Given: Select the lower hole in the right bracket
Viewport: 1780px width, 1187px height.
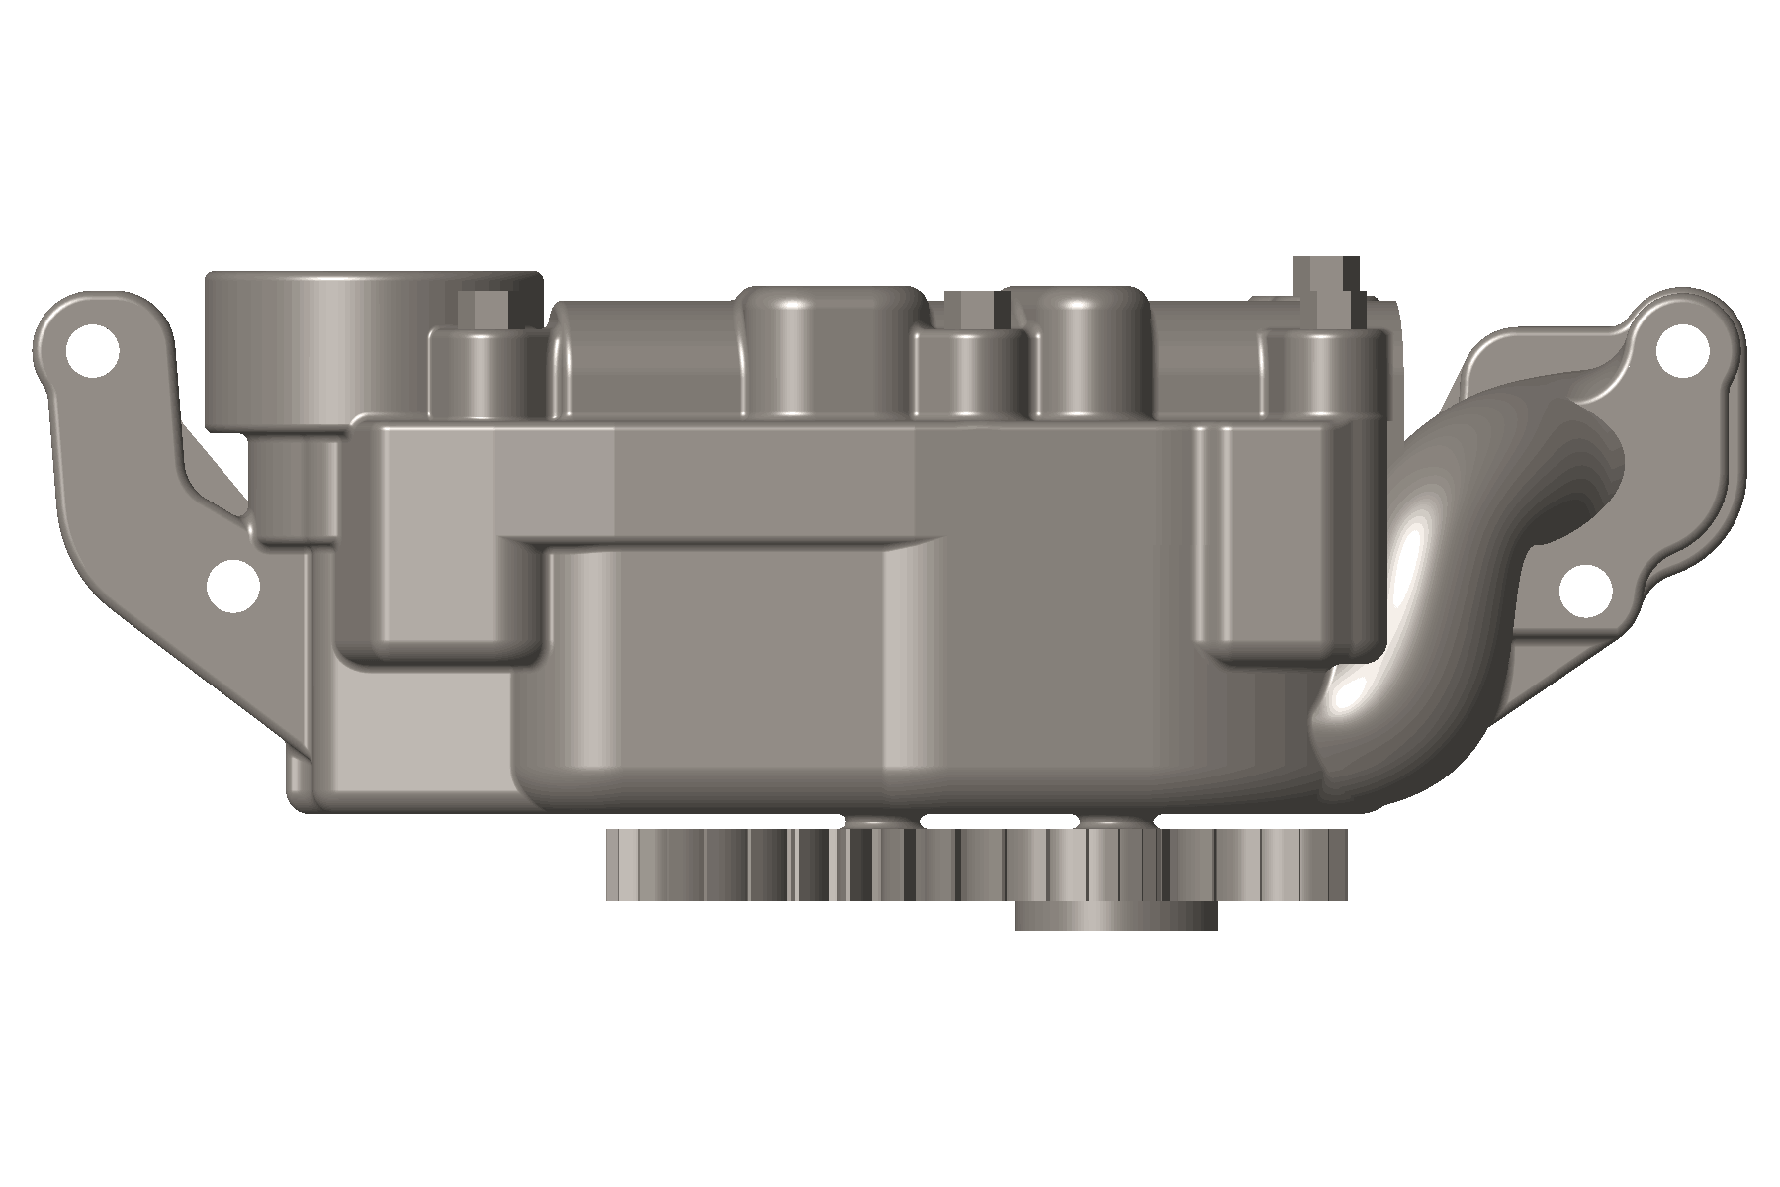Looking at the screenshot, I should click(1585, 591).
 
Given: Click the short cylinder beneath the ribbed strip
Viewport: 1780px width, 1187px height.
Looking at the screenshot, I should click(1115, 915).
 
